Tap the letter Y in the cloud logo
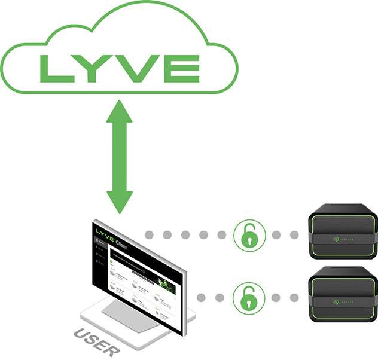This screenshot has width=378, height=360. click(94, 69)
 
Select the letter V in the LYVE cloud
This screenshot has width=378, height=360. click(136, 69)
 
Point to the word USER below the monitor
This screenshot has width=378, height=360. click(96, 341)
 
